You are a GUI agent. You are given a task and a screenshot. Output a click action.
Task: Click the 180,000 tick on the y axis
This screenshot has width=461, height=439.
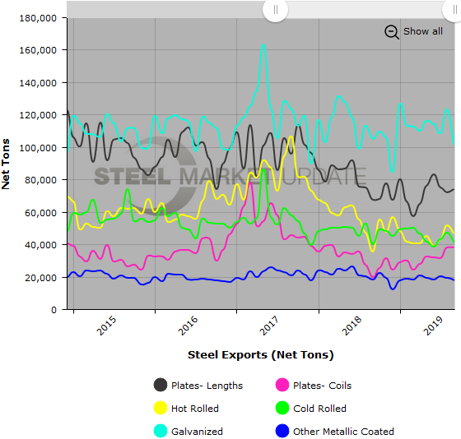[39, 17]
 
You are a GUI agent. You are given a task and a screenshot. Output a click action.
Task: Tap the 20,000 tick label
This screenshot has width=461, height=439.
[42, 277]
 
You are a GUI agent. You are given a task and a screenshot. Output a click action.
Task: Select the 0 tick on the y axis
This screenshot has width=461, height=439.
[54, 310]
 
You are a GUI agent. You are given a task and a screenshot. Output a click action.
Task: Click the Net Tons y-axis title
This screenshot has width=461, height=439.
[7, 163]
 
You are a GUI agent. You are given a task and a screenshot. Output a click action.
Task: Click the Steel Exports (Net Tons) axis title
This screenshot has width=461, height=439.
[260, 355]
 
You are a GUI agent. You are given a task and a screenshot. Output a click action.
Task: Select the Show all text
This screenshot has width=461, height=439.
[422, 31]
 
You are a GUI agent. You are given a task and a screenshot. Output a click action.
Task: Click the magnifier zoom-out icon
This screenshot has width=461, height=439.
[392, 31]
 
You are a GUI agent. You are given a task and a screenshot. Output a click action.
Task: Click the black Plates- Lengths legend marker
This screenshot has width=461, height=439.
[162, 385]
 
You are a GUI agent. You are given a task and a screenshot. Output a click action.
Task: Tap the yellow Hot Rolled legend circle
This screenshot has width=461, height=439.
[162, 408]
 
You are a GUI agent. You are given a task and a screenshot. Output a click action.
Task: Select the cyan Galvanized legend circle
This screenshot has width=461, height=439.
[162, 431]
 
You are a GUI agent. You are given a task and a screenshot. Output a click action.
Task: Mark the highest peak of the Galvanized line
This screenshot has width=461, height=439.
[263, 45]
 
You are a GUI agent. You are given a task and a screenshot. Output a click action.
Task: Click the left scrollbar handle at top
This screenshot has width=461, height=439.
[275, 10]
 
